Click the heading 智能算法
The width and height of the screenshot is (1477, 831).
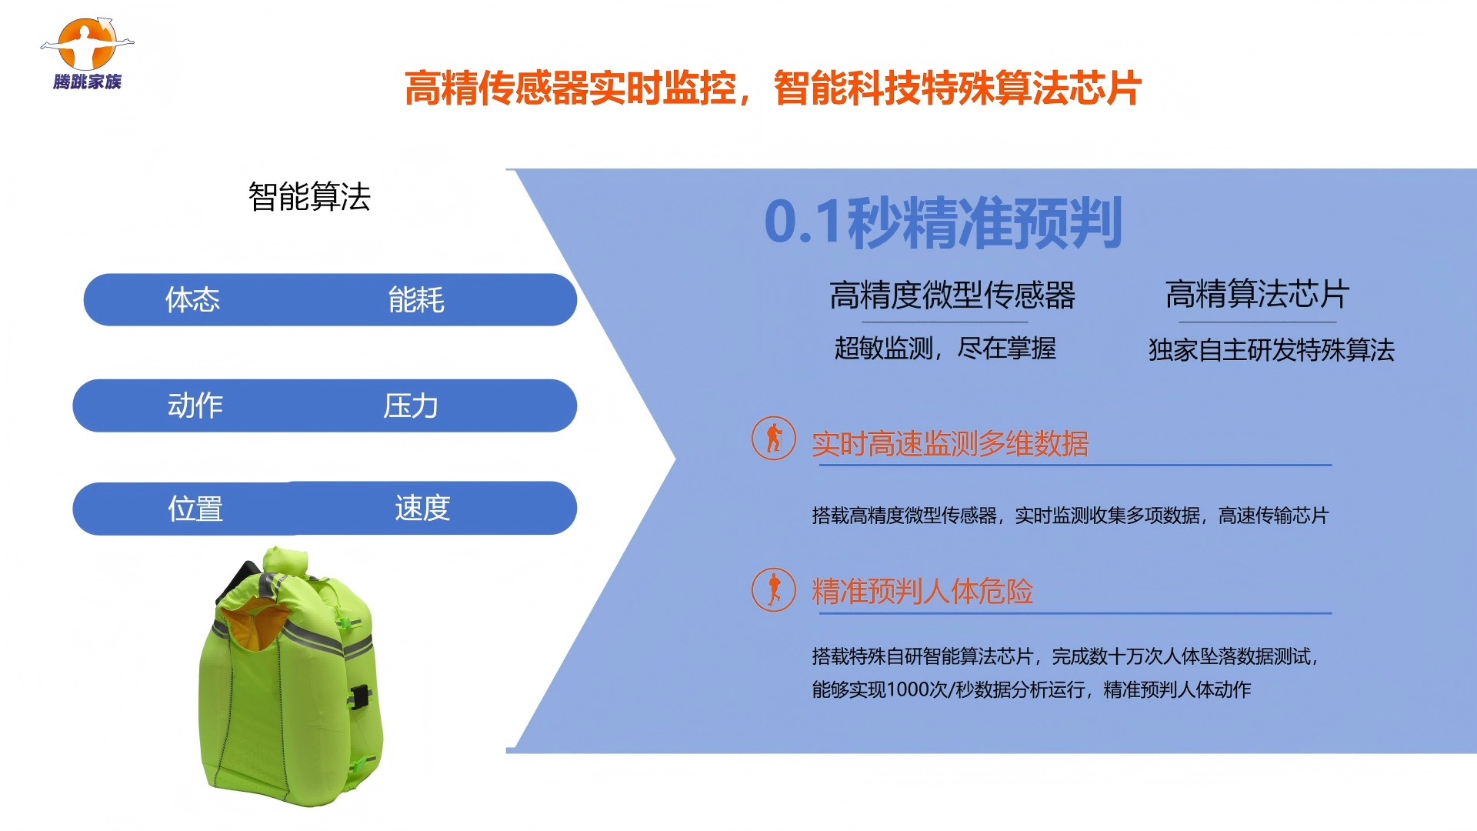[x=309, y=197]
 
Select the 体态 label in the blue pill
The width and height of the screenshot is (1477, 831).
[x=192, y=299]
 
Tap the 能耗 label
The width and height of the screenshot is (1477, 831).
[x=416, y=299]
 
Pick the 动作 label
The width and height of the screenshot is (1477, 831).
[x=195, y=405]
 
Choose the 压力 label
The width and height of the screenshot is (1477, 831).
[x=411, y=405]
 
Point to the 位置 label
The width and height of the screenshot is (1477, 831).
[x=195, y=509]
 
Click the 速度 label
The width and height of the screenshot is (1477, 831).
[x=422, y=508]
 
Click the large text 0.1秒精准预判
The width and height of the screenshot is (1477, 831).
[x=943, y=222]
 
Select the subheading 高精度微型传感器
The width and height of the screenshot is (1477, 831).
[x=952, y=295]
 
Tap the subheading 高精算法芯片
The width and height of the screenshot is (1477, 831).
[x=1258, y=294]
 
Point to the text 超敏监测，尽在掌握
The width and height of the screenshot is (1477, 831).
[x=945, y=349]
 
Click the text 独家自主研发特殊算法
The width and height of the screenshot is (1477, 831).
[x=1272, y=350]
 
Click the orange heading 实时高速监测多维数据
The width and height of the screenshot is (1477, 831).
[x=950, y=444]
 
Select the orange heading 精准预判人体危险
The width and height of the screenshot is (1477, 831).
[x=922, y=592]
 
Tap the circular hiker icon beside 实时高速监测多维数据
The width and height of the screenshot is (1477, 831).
[x=774, y=439]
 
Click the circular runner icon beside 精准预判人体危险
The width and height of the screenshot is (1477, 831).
[x=774, y=590]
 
